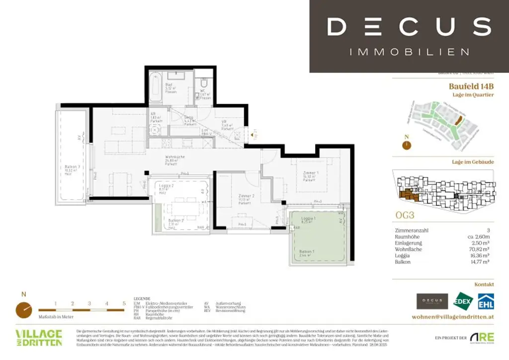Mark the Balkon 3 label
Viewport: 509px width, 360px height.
[72, 168]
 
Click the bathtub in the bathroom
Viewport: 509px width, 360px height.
[155, 87]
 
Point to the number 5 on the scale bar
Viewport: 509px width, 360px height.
[124, 303]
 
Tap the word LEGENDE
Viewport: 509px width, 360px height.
[142, 299]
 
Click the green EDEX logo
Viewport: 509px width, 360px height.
[464, 301]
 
